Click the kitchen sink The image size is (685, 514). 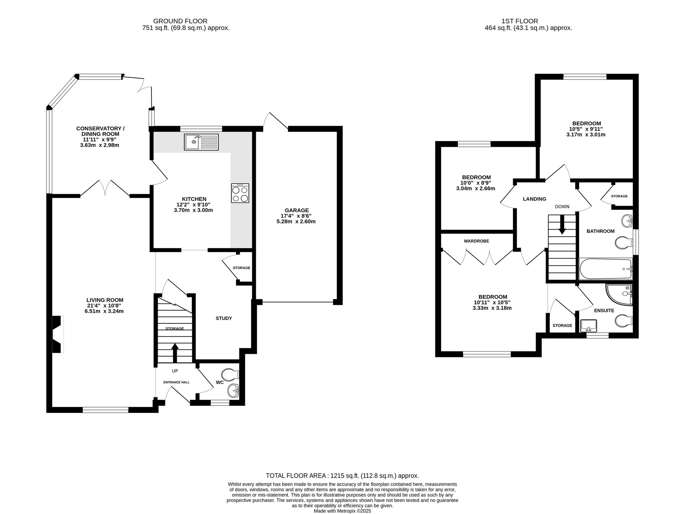coord(201,142)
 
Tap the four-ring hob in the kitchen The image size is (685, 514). coord(240,193)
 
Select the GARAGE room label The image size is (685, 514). coord(297,210)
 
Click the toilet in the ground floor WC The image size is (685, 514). coord(230,374)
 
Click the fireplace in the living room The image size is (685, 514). coord(58,334)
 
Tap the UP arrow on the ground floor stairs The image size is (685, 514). coord(175,353)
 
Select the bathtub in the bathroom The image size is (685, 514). coord(606,269)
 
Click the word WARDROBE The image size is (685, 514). coord(476,241)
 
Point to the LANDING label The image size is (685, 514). coord(534,199)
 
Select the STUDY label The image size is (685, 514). coord(224,318)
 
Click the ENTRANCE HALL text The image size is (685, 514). coord(176,382)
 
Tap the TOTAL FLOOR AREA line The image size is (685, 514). coord(342,476)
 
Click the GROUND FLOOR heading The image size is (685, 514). coord(180,21)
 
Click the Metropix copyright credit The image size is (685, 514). coord(342,511)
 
